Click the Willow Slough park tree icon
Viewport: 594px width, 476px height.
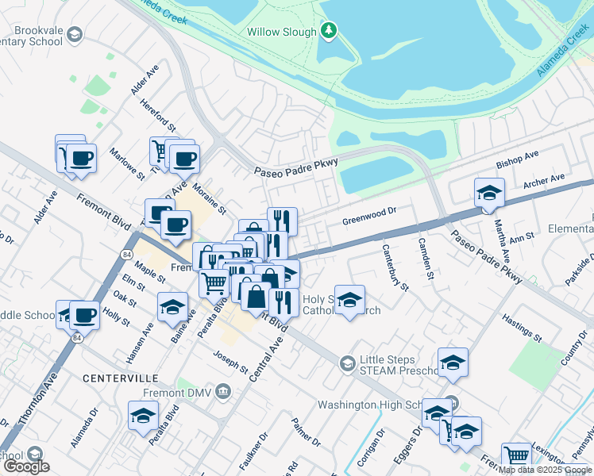pyautogui.click(x=329, y=31)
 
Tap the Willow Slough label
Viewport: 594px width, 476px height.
pyautogui.click(x=282, y=32)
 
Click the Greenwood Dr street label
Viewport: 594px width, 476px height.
pyautogui.click(x=368, y=212)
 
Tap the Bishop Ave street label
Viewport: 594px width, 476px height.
pyautogui.click(x=518, y=159)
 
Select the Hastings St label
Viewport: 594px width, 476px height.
pyautogui.click(x=521, y=327)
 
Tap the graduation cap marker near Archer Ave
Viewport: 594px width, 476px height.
pyautogui.click(x=489, y=193)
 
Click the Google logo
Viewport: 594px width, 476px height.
pyautogui.click(x=26, y=466)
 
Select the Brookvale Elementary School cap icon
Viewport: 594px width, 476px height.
pyautogui.click(x=74, y=34)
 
